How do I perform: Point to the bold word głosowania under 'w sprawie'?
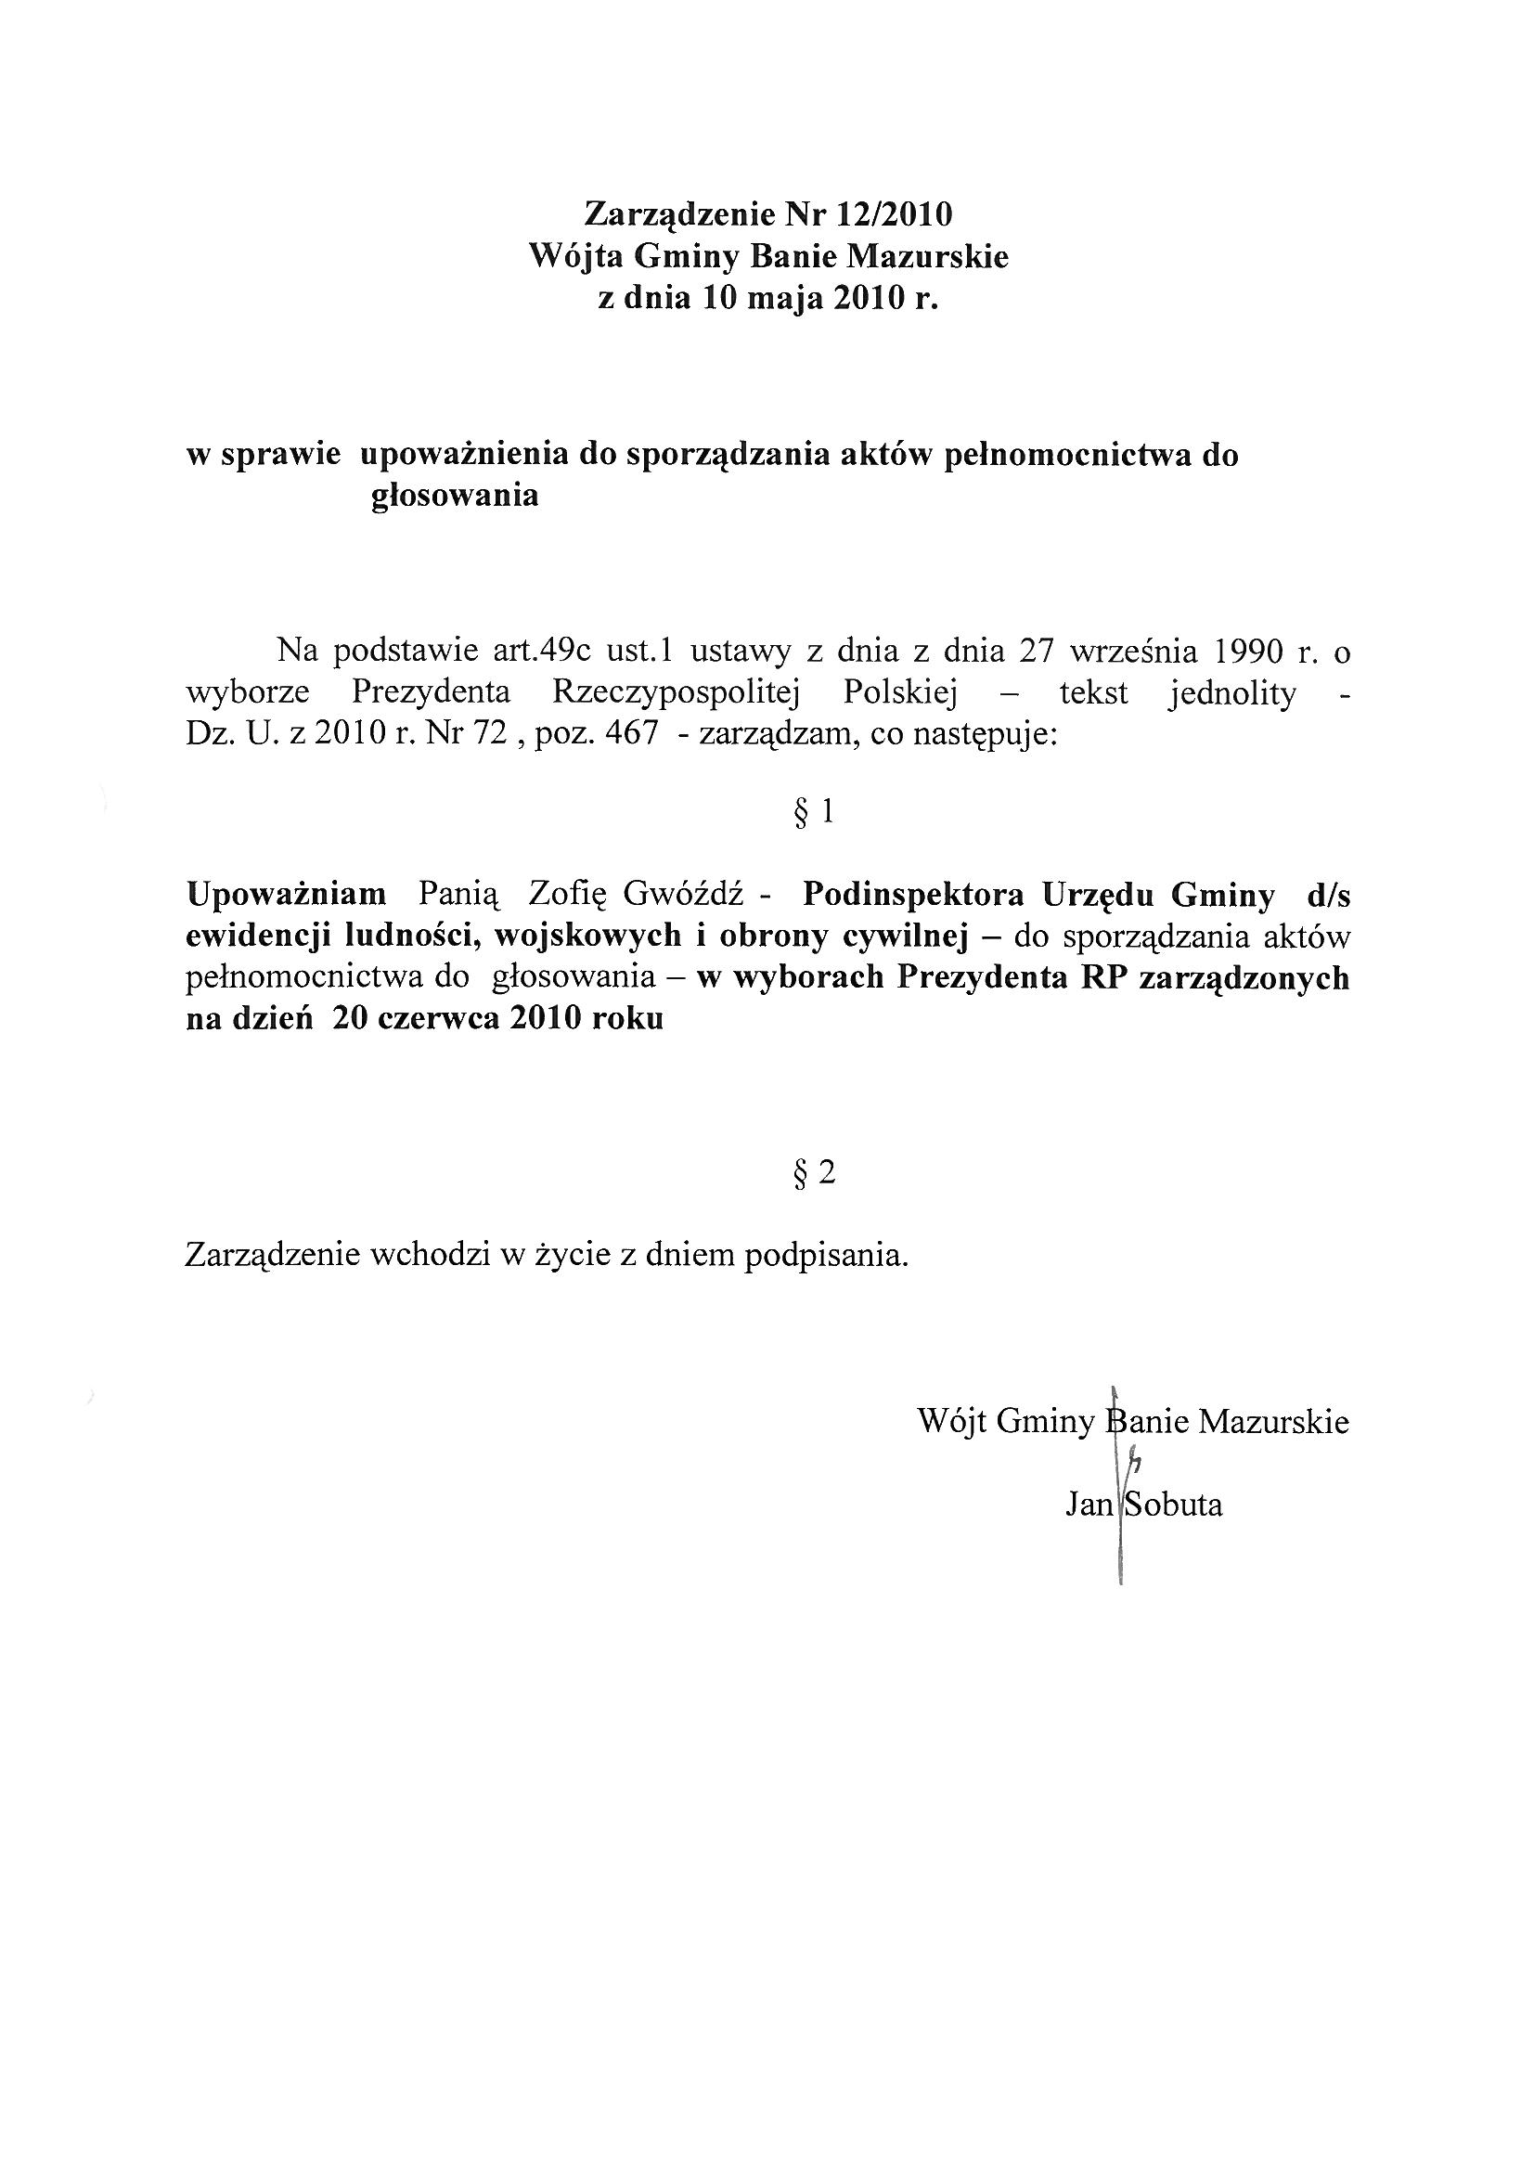coord(455,496)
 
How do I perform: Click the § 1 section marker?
coord(814,812)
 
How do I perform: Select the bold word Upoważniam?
coord(287,894)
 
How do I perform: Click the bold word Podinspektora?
coord(913,894)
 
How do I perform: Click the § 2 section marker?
coord(814,1173)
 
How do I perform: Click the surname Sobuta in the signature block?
coord(1172,1505)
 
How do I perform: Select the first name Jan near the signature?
coord(1089,1505)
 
